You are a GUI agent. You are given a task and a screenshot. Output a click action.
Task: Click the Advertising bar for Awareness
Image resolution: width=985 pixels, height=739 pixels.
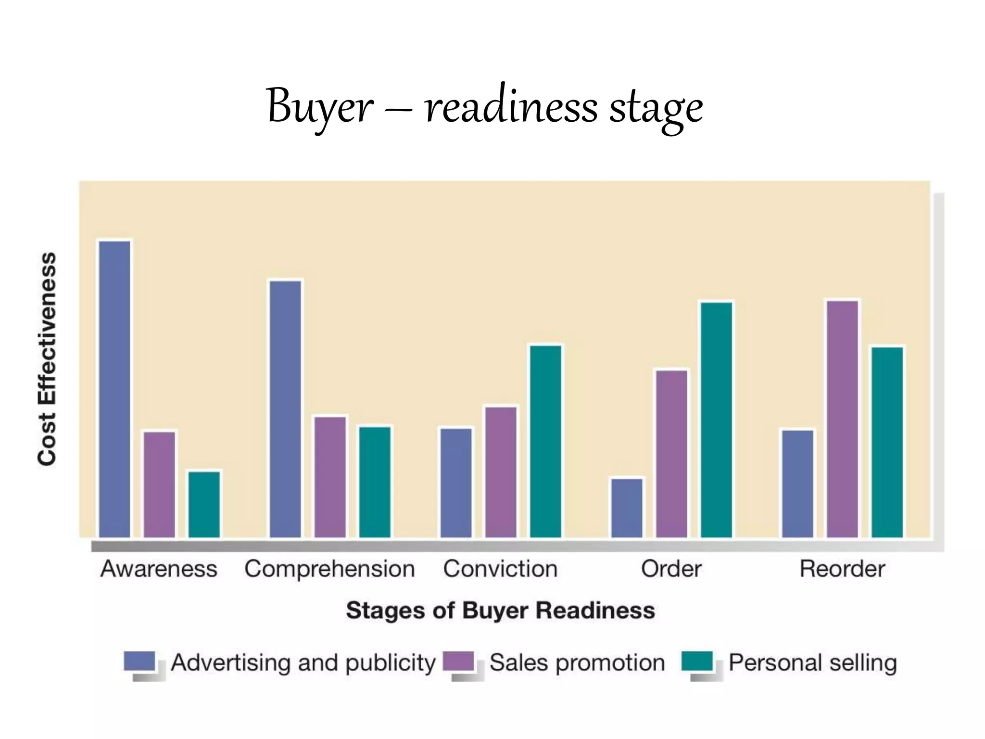point(114,389)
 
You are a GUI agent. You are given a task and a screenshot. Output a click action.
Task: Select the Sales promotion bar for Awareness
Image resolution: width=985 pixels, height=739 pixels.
point(159,484)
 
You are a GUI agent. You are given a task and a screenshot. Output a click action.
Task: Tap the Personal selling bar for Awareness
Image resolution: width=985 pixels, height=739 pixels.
point(204,504)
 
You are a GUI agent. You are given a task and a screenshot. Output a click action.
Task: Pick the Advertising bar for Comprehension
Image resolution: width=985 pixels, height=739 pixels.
point(286,408)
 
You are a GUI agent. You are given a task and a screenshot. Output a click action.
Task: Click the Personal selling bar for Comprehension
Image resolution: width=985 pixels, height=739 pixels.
point(375,482)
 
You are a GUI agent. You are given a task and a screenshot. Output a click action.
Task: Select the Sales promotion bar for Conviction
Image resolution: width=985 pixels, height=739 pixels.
point(501,472)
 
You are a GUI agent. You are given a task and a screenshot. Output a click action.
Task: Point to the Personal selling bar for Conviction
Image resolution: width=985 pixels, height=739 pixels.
point(546,441)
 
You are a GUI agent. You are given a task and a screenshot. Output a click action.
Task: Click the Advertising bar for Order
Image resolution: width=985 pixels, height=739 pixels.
point(627,507)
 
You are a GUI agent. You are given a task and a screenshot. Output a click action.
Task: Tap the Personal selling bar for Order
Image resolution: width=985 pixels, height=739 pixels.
point(717,420)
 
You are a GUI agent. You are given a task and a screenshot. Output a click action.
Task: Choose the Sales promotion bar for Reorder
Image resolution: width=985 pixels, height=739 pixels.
point(843,419)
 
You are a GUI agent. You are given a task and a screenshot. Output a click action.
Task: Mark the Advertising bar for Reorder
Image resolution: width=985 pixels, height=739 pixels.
point(798,483)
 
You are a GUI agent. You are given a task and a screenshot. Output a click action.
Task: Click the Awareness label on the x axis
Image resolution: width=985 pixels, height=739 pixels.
point(159,569)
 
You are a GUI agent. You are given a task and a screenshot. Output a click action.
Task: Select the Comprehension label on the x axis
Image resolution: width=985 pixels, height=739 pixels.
point(329,569)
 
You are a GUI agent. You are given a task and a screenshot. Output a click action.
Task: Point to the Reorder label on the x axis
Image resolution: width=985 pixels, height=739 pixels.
point(842,569)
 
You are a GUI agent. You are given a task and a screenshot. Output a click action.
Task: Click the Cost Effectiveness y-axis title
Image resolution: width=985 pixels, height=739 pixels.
point(47,359)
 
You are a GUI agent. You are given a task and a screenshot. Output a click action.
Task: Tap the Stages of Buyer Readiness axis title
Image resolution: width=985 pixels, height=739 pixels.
point(501,610)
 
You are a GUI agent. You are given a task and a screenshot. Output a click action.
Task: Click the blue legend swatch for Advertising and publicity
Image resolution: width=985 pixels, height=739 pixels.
point(139,661)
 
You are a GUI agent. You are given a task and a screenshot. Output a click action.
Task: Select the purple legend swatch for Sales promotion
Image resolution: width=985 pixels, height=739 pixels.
point(458,661)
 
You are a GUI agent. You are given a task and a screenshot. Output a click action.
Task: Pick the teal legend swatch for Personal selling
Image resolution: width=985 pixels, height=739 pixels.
point(697,661)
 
